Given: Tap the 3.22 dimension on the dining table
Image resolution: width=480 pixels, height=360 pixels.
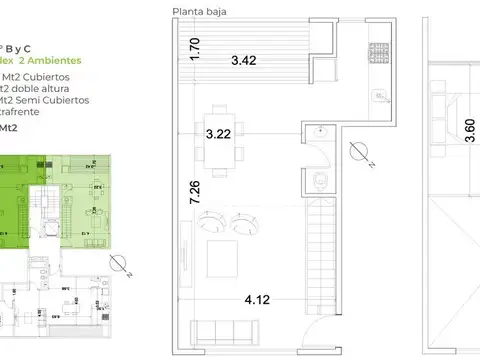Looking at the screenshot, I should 220,132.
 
